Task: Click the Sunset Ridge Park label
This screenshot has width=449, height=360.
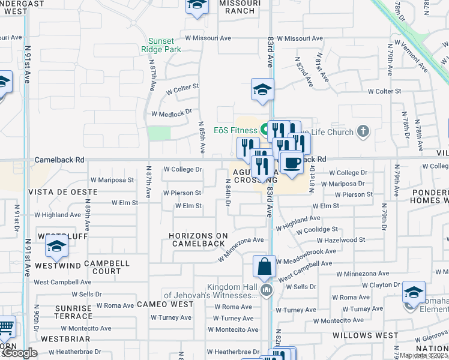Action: (x=164, y=46)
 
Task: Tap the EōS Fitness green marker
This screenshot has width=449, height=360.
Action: (x=264, y=130)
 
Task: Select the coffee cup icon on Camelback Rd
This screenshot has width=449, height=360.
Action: (x=292, y=163)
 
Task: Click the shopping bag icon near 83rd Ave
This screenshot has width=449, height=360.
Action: (x=264, y=266)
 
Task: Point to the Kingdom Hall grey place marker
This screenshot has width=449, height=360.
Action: (x=267, y=291)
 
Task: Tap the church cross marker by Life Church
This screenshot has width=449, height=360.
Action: (x=363, y=131)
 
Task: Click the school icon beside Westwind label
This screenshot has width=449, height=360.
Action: (x=56, y=246)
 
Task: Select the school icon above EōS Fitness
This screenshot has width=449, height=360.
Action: (x=262, y=89)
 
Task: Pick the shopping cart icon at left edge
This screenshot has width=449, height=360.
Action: (x=5, y=327)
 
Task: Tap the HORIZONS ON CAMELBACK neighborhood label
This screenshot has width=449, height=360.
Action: (x=198, y=239)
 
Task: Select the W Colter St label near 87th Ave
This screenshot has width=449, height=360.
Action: (x=182, y=88)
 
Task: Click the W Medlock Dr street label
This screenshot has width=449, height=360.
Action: (x=171, y=113)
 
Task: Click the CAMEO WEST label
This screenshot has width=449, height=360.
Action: (x=165, y=304)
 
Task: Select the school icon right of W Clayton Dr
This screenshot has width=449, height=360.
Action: (x=414, y=292)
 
